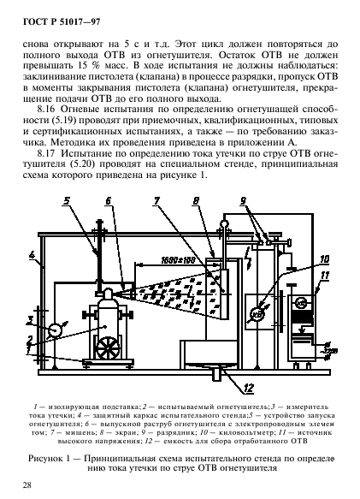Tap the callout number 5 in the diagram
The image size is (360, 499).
(x=66, y=202)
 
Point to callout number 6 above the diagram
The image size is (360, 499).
(x=108, y=202)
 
